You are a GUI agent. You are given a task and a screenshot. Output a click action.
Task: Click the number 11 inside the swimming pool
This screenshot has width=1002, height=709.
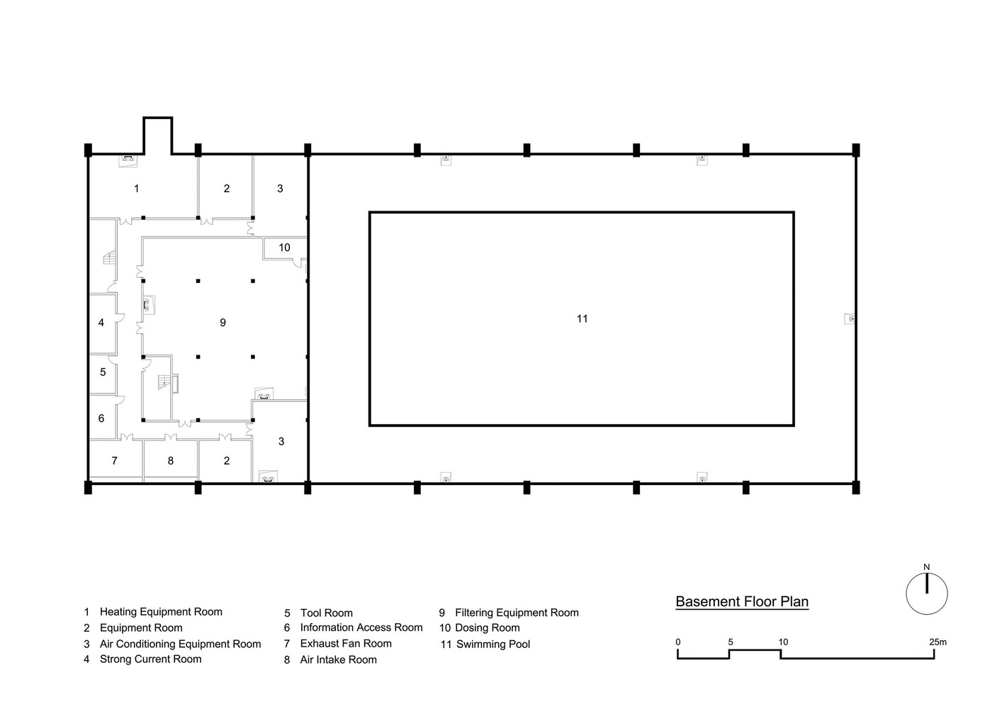click(582, 318)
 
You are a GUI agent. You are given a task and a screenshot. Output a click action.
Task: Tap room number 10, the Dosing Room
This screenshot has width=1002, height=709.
click(284, 247)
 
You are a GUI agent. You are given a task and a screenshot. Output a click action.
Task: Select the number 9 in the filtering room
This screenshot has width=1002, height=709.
click(223, 323)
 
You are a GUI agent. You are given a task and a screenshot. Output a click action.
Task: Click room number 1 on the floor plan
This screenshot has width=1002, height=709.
click(137, 189)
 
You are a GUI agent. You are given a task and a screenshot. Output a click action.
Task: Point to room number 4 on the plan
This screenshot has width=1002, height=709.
click(101, 323)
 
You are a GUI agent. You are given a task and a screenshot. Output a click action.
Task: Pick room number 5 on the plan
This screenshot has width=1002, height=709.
click(103, 372)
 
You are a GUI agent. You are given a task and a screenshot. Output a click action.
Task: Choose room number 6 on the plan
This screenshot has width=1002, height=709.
click(101, 418)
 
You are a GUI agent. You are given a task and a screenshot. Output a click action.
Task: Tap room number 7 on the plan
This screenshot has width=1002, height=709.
click(115, 461)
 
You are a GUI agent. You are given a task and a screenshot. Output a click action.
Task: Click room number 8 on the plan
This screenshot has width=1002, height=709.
click(171, 461)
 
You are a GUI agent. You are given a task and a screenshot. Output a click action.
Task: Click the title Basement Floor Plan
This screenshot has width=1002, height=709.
click(742, 601)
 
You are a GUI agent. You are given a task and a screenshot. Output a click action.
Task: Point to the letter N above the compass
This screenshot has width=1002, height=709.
click(926, 567)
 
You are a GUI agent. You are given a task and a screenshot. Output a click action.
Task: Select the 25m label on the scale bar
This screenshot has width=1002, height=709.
click(938, 642)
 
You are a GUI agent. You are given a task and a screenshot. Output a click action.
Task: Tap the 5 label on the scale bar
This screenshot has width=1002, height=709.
click(731, 642)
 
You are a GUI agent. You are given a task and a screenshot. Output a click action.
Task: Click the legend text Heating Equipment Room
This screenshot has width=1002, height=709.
click(161, 612)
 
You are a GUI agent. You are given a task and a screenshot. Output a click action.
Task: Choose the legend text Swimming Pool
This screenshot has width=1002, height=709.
click(493, 644)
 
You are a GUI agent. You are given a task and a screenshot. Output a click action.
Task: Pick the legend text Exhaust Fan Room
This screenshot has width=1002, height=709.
click(346, 644)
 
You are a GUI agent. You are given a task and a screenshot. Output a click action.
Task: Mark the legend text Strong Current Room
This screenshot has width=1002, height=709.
click(151, 659)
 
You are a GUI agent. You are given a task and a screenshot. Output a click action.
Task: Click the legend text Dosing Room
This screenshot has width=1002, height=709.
click(488, 627)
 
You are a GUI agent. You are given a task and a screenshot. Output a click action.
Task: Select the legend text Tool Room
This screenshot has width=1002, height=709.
click(327, 613)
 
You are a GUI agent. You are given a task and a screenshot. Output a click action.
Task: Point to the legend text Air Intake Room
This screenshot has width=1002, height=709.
click(339, 660)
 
